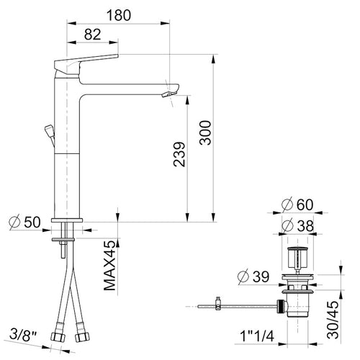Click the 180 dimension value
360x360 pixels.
click(x=119, y=15)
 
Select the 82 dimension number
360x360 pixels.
click(x=92, y=35)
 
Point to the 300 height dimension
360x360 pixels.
click(x=205, y=132)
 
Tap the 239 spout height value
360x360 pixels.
click(x=179, y=155)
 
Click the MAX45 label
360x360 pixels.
click(x=110, y=265)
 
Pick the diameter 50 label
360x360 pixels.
click(x=24, y=222)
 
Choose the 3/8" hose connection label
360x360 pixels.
click(x=23, y=336)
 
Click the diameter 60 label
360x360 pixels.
click(x=297, y=204)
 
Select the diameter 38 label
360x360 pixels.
click(x=297, y=225)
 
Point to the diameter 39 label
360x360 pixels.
click(x=253, y=276)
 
